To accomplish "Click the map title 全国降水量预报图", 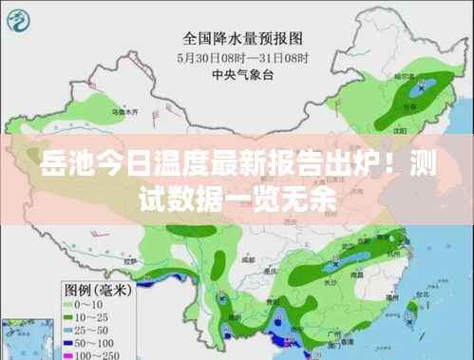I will click(x=242, y=39).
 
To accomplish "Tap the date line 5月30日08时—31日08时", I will click(x=242, y=56).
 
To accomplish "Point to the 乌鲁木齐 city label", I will click(x=131, y=111).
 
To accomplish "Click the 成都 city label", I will click(x=249, y=257).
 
